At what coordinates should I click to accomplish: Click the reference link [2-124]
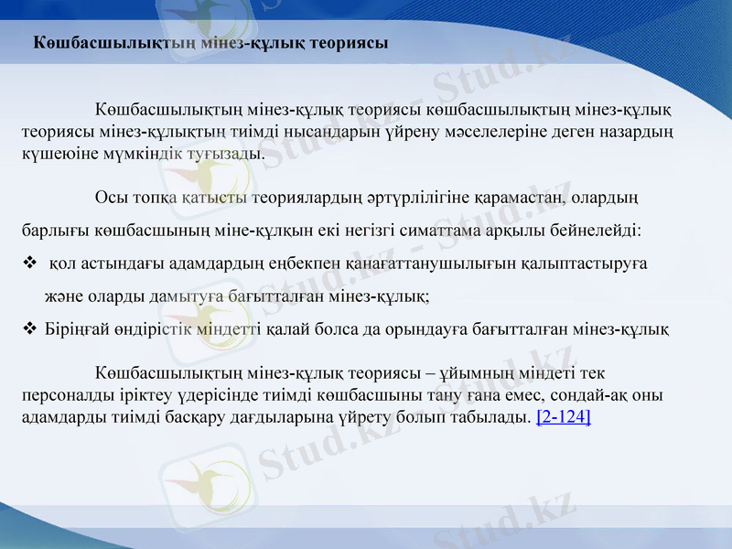(563, 417)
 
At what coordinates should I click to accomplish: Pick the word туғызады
(224, 153)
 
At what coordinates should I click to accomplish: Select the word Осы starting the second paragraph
(109, 198)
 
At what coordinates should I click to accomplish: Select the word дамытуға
(167, 296)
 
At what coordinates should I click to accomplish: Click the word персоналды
(62, 395)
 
